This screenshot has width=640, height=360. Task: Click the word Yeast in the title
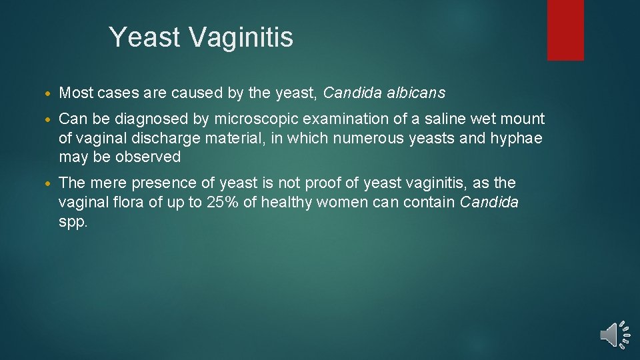point(145,37)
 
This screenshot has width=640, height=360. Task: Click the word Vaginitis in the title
point(241,37)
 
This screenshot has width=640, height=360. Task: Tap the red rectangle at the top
point(565,29)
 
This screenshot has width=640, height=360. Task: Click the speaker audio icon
point(614,335)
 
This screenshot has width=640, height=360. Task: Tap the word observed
point(149,157)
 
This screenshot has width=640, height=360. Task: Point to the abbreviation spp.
point(73,223)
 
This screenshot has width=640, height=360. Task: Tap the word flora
point(125,203)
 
